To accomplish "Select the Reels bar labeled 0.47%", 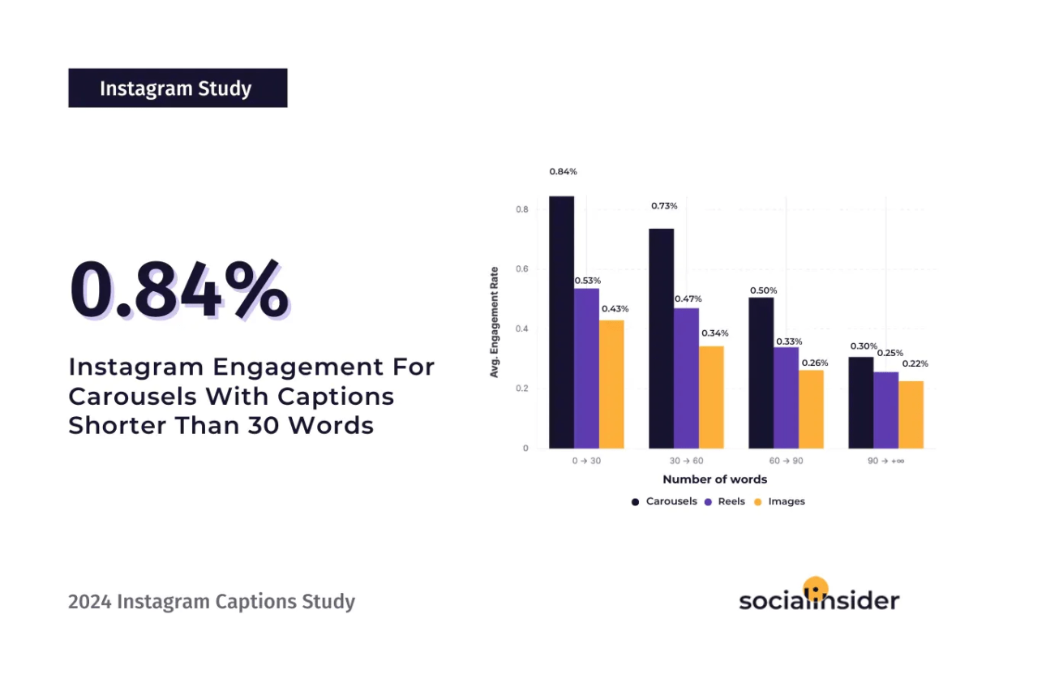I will (x=686, y=378).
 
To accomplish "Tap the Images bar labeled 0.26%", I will (x=811, y=409).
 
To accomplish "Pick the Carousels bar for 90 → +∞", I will (x=861, y=402).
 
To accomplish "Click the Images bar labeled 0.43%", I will (x=611, y=384).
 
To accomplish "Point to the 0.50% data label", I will (x=763, y=290).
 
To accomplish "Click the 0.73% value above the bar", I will (x=664, y=206).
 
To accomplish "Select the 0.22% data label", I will (x=915, y=363).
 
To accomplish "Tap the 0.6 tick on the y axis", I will (x=523, y=269).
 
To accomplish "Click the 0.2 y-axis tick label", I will (x=523, y=389).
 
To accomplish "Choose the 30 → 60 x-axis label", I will (x=685, y=461).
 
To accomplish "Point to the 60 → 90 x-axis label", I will (x=786, y=461).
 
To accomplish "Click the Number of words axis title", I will (x=714, y=479).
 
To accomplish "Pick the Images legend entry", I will (x=780, y=501).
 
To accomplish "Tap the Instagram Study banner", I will (x=178, y=88).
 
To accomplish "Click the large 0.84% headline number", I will (x=178, y=290).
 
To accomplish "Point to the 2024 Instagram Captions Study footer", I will (x=212, y=602).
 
